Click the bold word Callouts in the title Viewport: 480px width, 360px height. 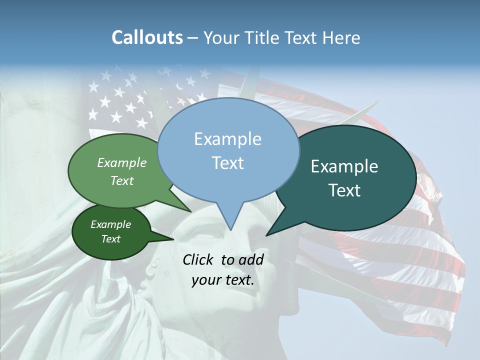[147, 37]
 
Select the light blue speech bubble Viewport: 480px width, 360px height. [228, 150]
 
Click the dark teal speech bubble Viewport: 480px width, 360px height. [350, 177]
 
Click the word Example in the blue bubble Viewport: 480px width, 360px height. [227, 138]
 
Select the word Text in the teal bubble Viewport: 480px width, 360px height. [344, 190]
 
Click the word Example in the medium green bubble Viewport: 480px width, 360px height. [122, 162]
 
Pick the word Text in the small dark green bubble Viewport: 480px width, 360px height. [111, 239]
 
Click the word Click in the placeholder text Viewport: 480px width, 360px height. [198, 259]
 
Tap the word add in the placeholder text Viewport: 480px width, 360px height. [251, 259]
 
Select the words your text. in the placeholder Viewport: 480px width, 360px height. [223, 280]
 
